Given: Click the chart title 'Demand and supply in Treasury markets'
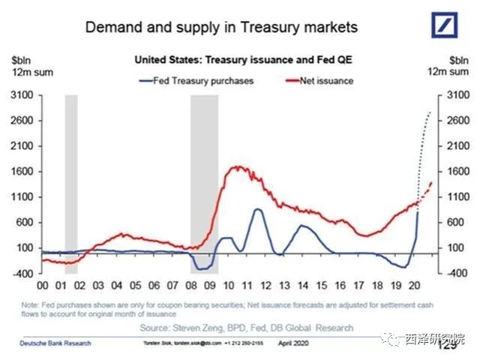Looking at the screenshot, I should click(221, 28).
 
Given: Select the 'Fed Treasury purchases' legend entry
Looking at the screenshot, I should click(196, 80).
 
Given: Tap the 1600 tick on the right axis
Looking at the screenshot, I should click(457, 172).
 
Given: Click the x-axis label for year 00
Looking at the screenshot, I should click(43, 286).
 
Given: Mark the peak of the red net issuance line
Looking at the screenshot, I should click(238, 166).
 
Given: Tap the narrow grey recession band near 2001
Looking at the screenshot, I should click(71, 180).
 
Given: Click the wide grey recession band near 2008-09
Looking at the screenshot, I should click(203, 180).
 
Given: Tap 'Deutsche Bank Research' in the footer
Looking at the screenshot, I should click(54, 343).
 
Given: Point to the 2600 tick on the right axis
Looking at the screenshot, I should click(457, 121).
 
